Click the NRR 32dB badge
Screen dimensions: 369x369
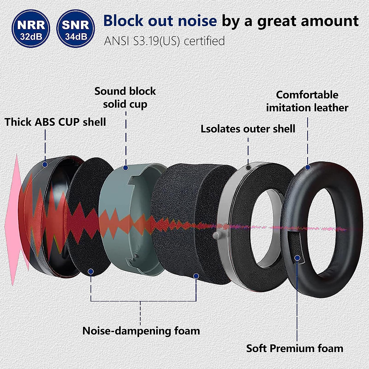pos(31,28)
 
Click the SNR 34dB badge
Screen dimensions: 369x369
pos(75,28)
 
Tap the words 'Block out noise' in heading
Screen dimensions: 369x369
pos(160,21)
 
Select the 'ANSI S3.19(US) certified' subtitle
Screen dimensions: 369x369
pos(164,41)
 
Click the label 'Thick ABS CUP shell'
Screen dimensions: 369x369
pos(55,122)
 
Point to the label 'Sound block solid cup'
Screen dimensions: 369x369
pos(125,97)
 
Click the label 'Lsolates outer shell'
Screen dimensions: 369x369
pos(248,129)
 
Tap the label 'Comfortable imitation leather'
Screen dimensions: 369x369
pos(307,101)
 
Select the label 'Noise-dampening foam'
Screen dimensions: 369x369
pos(141,331)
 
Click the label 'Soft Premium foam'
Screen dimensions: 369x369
pos(295,348)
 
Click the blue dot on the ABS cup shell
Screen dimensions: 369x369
pos(45,165)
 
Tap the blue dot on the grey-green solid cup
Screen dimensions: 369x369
pos(125,168)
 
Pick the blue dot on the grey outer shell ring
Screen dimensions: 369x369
pos(248,168)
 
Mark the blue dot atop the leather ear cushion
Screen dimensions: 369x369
pos(307,168)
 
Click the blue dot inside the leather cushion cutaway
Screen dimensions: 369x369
pos(297,258)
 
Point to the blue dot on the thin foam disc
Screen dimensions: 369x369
pos(91,272)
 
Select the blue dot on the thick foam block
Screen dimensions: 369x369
pos(196,276)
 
